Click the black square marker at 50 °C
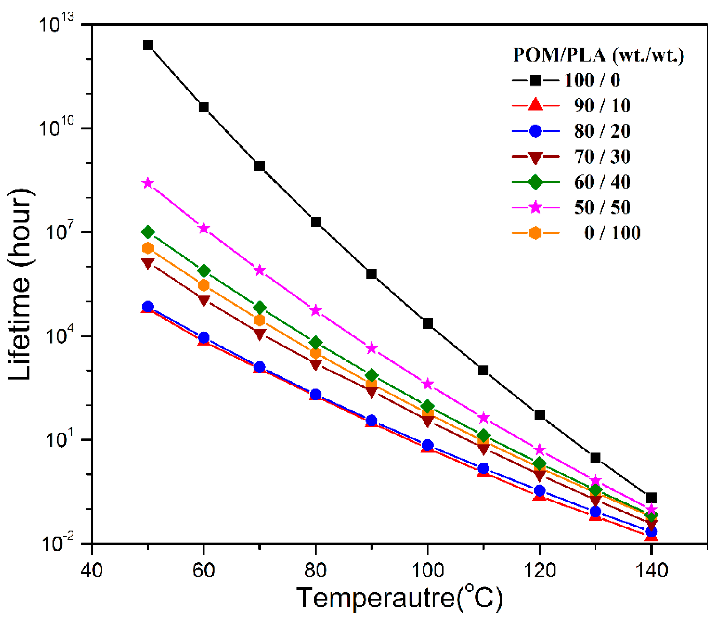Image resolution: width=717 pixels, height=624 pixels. tap(148, 45)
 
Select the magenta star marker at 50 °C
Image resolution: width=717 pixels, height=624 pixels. tap(148, 183)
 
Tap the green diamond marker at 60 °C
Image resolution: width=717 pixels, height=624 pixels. tap(204, 271)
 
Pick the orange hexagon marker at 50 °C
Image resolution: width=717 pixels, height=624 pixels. tap(148, 248)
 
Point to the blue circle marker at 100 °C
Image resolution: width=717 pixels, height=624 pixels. tap(428, 445)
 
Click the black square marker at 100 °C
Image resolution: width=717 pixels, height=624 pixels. tap(428, 324)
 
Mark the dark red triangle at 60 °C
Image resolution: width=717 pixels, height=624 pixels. tap(204, 300)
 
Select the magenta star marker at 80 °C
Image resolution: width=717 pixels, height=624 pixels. tap(315, 310)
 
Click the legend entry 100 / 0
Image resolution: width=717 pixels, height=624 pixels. tap(592, 80)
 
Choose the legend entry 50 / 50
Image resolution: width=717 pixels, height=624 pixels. tap(602, 207)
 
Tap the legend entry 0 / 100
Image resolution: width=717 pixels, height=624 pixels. tap(612, 233)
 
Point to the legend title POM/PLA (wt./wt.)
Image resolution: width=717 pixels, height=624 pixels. tap(598, 55)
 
